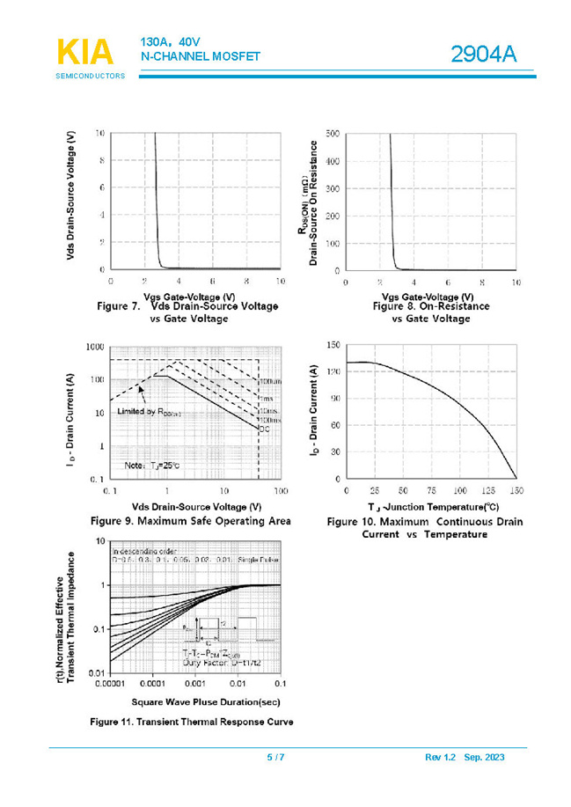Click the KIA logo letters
85,52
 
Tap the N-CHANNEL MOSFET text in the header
201,56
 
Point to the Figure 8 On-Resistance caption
431,306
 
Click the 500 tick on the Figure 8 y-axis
333,134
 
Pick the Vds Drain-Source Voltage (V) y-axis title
70,195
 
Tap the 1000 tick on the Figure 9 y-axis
92,347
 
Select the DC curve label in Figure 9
262,428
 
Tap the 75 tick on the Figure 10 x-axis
431,490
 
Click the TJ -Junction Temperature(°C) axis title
433,506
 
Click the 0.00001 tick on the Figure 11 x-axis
111,683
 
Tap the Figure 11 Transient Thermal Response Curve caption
191,723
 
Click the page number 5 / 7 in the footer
275,758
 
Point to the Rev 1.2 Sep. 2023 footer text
464,758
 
